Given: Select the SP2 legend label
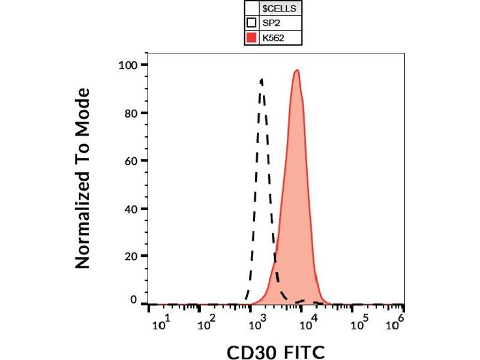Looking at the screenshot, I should pos(271,24).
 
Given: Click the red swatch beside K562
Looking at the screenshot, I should pos(252,38).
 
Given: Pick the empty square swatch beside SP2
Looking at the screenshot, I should pos(252,24).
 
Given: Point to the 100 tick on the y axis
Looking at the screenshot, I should pos(129,65).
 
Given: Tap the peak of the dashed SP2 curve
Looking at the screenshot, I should pos(261,79).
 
